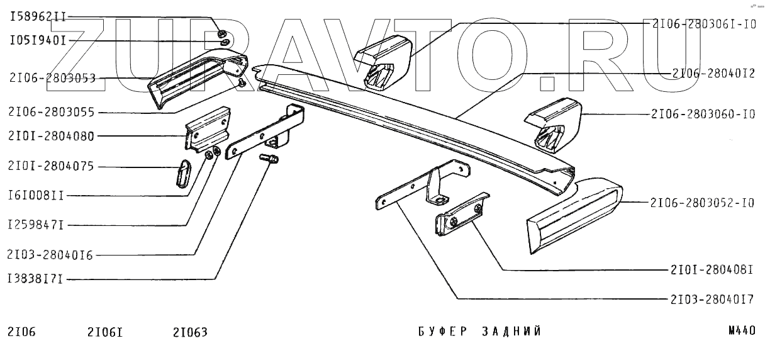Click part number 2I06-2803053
tap(52, 79)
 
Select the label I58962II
tap(38, 18)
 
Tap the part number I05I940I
tap(38, 41)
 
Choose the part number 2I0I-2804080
tap(52, 136)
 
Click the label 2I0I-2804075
tap(52, 167)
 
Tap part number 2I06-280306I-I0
tap(704, 24)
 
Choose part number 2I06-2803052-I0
tap(704, 203)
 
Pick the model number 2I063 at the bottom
tap(189, 332)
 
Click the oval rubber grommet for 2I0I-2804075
tap(181, 172)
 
